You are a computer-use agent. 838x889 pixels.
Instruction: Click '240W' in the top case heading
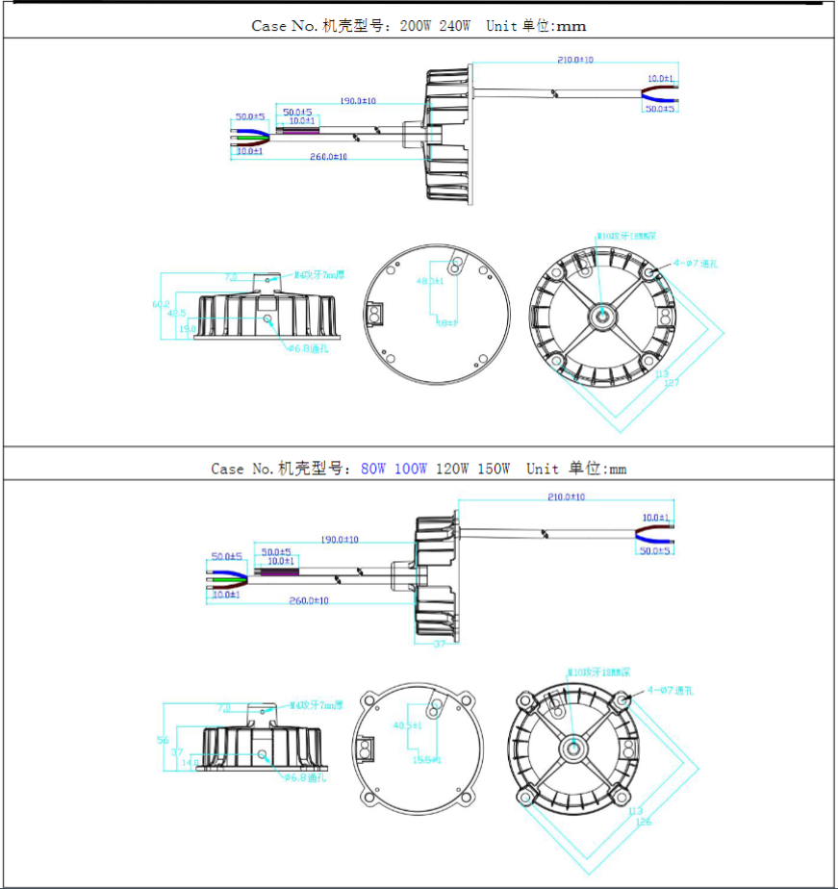click(x=454, y=26)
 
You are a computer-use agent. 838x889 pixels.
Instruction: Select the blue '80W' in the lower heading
click(x=373, y=469)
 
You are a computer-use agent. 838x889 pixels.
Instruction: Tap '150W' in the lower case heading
click(x=494, y=469)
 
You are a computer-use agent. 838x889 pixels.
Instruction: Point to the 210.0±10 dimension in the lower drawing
click(x=566, y=496)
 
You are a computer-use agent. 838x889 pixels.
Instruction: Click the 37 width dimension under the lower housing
click(x=440, y=644)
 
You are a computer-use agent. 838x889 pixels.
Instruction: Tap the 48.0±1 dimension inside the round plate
click(x=429, y=281)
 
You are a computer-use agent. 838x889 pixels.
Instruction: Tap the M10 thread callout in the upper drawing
click(x=626, y=235)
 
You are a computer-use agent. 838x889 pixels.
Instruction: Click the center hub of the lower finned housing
click(x=575, y=746)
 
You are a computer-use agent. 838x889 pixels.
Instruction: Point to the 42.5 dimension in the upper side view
click(x=177, y=314)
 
